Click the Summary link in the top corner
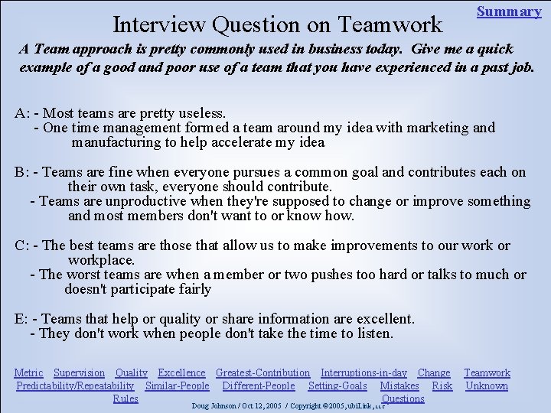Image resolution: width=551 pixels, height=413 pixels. pyautogui.click(x=509, y=11)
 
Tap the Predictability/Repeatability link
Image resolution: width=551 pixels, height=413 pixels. pyautogui.click(x=75, y=385)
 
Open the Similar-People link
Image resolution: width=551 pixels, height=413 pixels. pyautogui.click(x=178, y=385)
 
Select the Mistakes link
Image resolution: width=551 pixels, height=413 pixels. pyautogui.click(x=399, y=385)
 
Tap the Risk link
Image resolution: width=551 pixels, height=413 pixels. pyautogui.click(x=442, y=385)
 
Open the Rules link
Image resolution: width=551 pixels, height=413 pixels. pyautogui.click(x=126, y=398)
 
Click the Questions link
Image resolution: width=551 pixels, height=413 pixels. pyautogui.click(x=403, y=398)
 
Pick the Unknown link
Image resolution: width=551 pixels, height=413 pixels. pyautogui.click(x=487, y=385)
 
